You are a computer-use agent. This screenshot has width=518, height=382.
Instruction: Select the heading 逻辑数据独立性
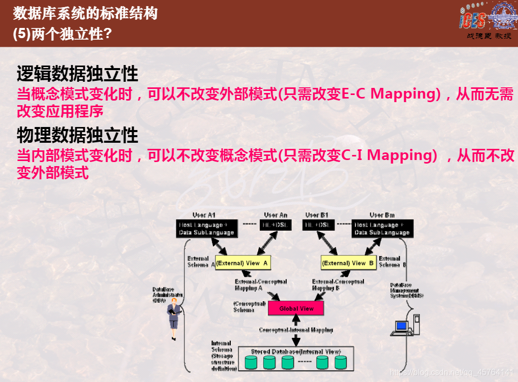tap(77, 74)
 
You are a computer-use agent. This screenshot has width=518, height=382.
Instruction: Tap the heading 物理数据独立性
tap(77, 135)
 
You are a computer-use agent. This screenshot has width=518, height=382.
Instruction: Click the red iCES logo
tap(472, 19)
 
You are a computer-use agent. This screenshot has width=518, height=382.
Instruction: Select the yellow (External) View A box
tap(242, 263)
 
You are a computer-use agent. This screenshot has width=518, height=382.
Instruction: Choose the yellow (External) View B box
tap(349, 263)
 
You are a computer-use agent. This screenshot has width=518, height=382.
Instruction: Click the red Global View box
tap(296, 308)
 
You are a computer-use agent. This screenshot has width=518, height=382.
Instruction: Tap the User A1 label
tap(204, 215)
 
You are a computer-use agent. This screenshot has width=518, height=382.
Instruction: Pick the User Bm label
tap(382, 215)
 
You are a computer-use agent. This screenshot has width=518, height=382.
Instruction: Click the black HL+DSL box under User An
tap(276, 225)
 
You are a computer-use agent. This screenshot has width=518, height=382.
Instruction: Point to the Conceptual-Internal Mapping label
tap(296, 330)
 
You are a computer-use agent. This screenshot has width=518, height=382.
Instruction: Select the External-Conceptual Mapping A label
tap(260, 285)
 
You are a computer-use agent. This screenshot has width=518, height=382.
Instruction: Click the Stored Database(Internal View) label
tap(295, 352)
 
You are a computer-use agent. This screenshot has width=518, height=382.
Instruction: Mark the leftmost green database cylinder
tap(251, 362)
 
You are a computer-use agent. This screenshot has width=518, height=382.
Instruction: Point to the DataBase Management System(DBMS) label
tap(405, 291)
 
